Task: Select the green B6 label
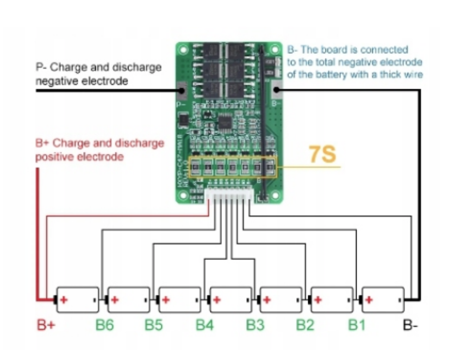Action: (105, 325)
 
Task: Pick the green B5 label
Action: (154, 325)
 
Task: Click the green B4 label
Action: (205, 325)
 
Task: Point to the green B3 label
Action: (255, 325)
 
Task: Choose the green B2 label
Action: (305, 325)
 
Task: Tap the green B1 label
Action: (357, 325)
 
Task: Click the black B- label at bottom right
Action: (411, 325)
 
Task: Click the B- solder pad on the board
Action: (276, 89)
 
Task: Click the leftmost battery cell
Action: (78, 300)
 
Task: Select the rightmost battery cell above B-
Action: (383, 300)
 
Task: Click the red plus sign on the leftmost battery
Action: (64, 300)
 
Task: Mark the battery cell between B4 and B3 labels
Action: (231, 300)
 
